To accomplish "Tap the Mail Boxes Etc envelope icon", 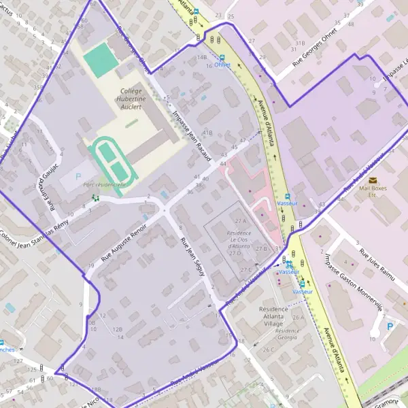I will (x=373, y=180).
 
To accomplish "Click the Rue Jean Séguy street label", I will (x=192, y=256).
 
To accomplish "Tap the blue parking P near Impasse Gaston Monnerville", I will (x=390, y=326).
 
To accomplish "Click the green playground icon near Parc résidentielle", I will (x=96, y=198).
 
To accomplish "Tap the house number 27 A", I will (x=239, y=222).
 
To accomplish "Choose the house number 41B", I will (x=207, y=133).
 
